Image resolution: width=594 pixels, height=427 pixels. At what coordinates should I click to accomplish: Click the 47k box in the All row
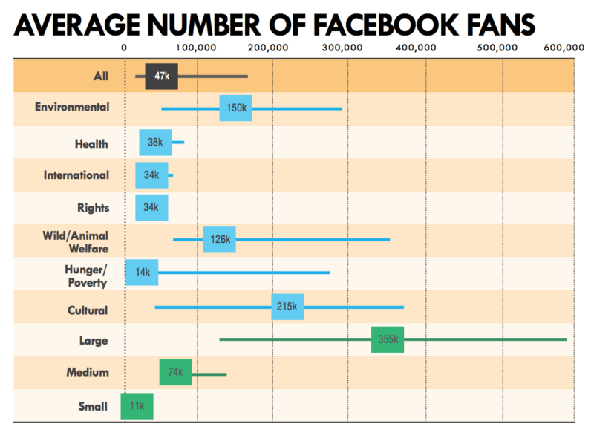(x=161, y=76)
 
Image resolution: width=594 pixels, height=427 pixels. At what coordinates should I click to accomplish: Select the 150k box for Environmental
(x=235, y=108)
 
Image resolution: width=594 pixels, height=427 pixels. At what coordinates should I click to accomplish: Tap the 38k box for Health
(x=155, y=143)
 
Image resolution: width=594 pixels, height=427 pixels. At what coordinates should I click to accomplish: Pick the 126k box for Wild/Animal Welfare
(x=219, y=240)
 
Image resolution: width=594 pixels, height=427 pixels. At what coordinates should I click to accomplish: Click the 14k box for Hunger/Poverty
(x=141, y=273)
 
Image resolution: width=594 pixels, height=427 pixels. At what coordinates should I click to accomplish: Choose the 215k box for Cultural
(x=287, y=307)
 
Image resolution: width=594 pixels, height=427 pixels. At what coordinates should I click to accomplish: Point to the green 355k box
(x=388, y=339)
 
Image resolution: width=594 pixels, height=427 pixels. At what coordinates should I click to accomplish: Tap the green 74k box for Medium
(x=175, y=372)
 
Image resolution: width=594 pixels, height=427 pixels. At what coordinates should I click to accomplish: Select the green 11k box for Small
(x=137, y=406)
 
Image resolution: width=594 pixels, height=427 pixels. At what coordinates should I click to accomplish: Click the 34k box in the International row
(x=151, y=175)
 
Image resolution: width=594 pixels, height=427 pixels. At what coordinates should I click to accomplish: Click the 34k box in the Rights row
(x=151, y=208)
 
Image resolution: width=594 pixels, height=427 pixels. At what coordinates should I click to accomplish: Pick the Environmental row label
(x=72, y=107)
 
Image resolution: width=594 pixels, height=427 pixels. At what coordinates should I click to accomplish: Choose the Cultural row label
(x=88, y=310)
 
